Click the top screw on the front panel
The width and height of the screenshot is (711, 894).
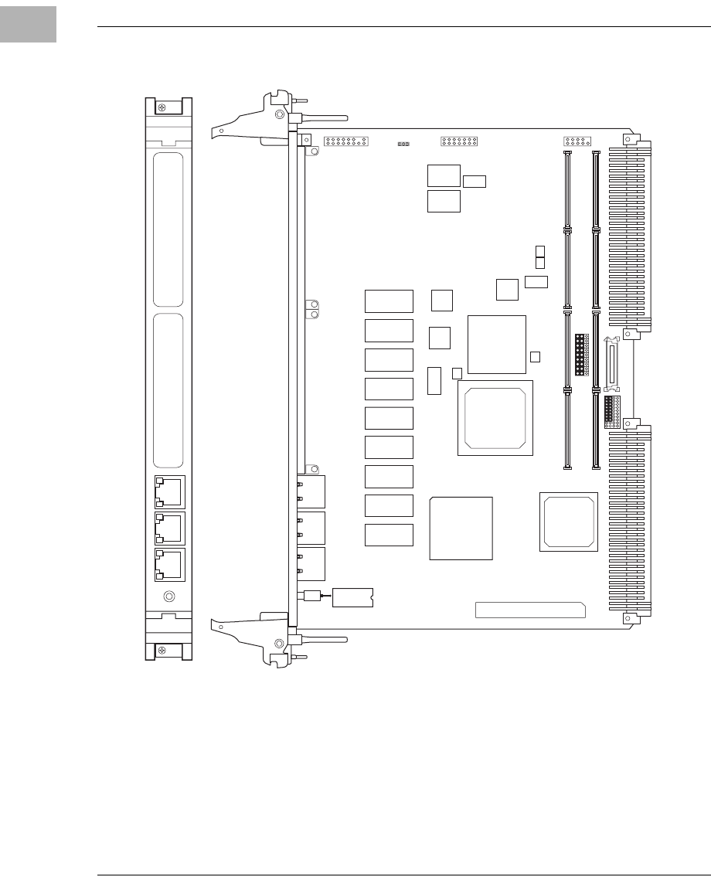(x=161, y=107)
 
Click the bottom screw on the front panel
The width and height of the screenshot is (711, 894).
(x=161, y=651)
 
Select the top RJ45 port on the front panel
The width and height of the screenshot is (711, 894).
(x=168, y=491)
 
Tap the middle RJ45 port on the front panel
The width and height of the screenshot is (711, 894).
(x=168, y=527)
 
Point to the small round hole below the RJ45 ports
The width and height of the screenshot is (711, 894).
(x=169, y=597)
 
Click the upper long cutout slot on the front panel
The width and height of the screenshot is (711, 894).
(x=168, y=229)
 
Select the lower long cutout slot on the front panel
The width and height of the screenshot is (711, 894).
(x=168, y=390)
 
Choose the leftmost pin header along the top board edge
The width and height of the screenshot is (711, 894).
(x=347, y=142)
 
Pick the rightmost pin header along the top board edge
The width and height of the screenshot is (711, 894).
(x=578, y=141)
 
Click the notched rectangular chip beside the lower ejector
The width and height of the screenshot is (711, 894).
(x=352, y=597)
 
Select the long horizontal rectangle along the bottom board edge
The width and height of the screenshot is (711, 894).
(x=530, y=610)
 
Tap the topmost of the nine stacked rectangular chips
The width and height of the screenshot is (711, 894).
(x=389, y=301)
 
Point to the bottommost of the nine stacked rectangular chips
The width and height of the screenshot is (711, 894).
(x=389, y=535)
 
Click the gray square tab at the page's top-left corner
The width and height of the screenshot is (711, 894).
(x=28, y=24)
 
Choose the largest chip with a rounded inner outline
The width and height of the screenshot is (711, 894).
(x=495, y=417)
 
